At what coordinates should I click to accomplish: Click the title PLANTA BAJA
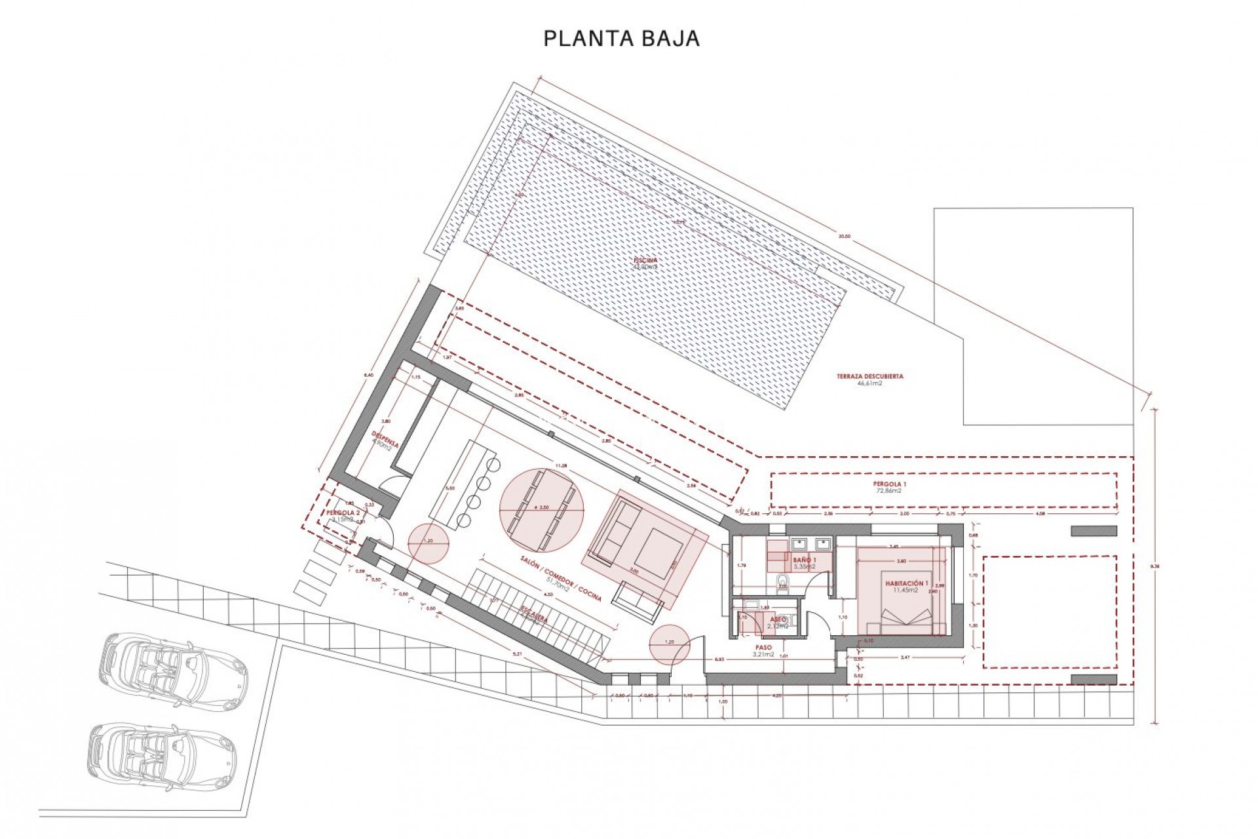tap(621, 39)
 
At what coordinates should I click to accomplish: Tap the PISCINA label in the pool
tap(645, 260)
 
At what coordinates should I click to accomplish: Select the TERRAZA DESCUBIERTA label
tap(869, 376)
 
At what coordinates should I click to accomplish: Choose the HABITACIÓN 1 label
tap(907, 583)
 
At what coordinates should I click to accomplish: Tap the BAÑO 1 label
tap(805, 560)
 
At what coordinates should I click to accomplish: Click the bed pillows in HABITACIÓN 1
tap(907, 616)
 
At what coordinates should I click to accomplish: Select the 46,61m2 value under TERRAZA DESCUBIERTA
tap(869, 383)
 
